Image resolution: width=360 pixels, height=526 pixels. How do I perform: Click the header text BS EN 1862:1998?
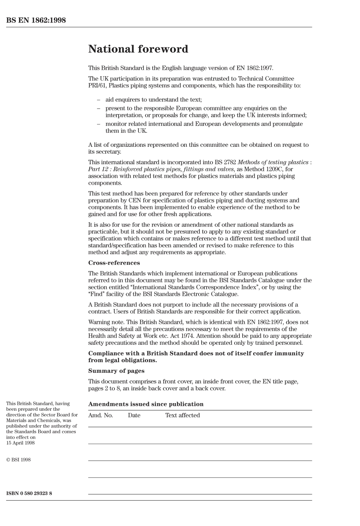pyautogui.click(x=36, y=20)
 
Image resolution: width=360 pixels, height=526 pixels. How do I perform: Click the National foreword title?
pyautogui.click(x=138, y=49)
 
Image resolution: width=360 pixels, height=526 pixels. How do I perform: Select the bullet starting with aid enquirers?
pyautogui.click(x=153, y=100)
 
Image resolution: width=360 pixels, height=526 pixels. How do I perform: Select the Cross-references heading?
pyautogui.click(x=114, y=263)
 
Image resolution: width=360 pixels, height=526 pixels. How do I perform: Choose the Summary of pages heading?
pyautogui.click(x=116, y=371)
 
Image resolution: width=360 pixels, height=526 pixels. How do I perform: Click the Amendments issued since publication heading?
pyautogui.click(x=146, y=404)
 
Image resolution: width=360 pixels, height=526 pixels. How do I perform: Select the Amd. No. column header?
pyautogui.click(x=100, y=415)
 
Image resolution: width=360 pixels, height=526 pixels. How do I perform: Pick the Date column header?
pyautogui.click(x=134, y=415)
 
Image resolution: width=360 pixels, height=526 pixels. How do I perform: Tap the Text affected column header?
pyautogui.click(x=182, y=415)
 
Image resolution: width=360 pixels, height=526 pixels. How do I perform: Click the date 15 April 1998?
pyautogui.click(x=20, y=443)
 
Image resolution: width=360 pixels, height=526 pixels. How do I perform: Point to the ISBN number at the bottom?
pyautogui.click(x=29, y=493)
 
